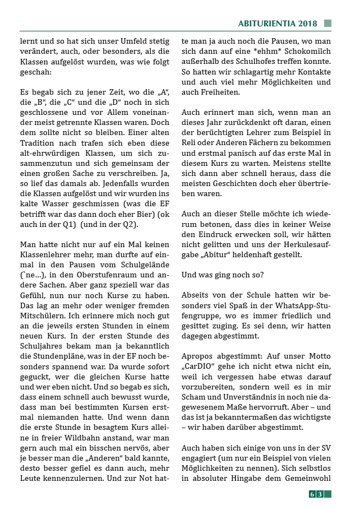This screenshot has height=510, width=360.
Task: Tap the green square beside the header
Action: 327,24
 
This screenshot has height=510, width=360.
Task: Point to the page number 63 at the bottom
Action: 316,494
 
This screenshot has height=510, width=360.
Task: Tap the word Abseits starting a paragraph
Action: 197,294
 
